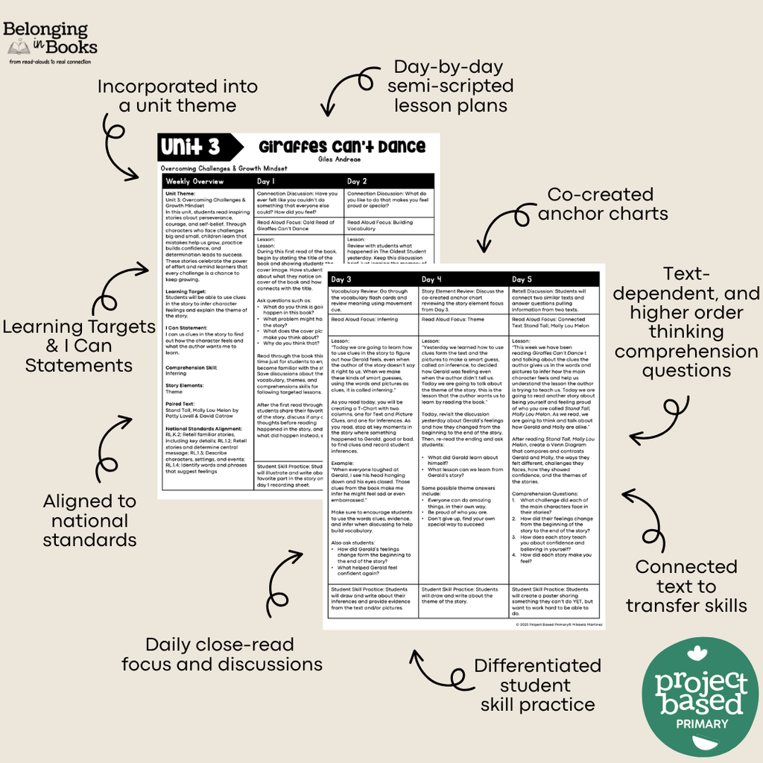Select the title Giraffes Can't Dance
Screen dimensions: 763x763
click(342, 146)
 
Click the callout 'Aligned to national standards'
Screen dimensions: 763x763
click(89, 520)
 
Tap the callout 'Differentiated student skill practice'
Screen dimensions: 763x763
click(537, 685)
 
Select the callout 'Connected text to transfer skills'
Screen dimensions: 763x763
click(686, 586)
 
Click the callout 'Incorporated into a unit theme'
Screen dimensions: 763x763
click(177, 96)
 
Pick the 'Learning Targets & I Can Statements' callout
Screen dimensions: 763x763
click(78, 346)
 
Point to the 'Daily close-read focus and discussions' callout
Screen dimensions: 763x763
click(221, 654)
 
